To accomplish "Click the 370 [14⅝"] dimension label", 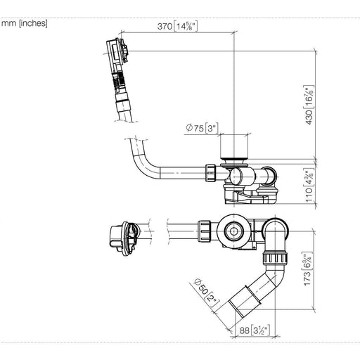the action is pyautogui.click(x=177, y=26).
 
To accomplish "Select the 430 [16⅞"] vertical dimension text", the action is pyautogui.click(x=309, y=105).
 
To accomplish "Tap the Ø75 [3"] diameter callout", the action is pyautogui.click(x=202, y=128).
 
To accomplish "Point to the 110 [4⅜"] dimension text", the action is pyautogui.click(x=309, y=185).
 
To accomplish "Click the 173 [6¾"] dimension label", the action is pyautogui.click(x=307, y=269).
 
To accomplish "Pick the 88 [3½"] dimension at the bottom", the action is pyautogui.click(x=255, y=330).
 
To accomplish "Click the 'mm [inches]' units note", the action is pyautogui.click(x=25, y=23).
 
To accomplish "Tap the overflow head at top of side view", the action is pyautogui.click(x=117, y=52).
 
